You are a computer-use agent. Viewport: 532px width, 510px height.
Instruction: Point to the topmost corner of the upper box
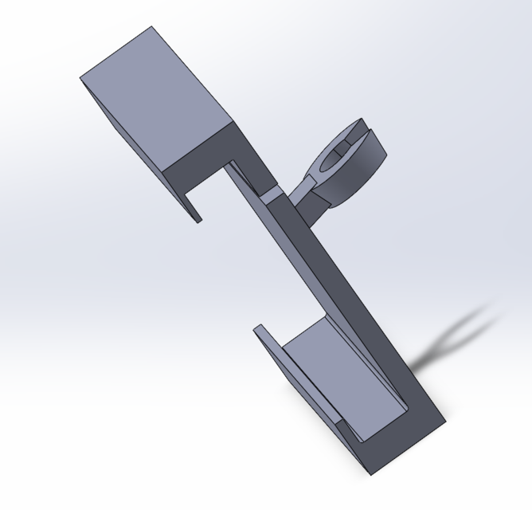pos(151,27)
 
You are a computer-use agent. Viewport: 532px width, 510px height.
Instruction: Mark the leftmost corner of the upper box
pos(80,78)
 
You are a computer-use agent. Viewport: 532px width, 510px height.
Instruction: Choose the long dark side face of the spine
pos(350,303)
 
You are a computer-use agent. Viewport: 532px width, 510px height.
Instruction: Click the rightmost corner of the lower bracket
pos(445,419)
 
